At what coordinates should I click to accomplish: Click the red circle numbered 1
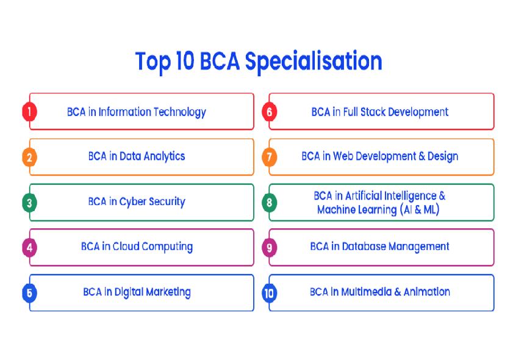[x=29, y=112]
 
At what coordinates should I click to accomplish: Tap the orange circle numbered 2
[x=29, y=157]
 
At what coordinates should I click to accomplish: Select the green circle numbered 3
[x=29, y=203]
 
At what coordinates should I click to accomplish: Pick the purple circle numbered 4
[x=29, y=248]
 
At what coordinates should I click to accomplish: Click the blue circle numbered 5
[x=29, y=293]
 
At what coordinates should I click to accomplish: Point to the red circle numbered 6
[x=270, y=112]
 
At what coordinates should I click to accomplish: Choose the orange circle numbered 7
[x=270, y=157]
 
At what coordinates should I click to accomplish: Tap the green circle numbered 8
[x=270, y=203]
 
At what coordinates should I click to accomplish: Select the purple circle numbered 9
[x=270, y=248]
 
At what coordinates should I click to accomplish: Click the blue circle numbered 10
[x=270, y=293]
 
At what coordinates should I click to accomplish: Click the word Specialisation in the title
[x=314, y=62]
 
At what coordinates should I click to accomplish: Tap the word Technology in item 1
[x=180, y=112]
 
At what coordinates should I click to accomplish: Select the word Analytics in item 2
[x=164, y=157]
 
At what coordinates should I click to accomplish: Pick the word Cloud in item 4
[x=126, y=247]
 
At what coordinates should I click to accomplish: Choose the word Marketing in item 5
[x=168, y=292]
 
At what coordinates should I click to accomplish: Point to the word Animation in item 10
[x=427, y=292]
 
